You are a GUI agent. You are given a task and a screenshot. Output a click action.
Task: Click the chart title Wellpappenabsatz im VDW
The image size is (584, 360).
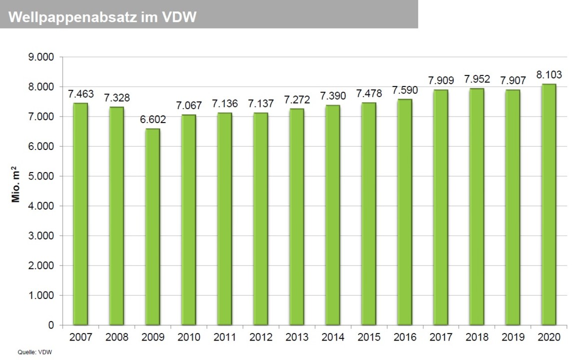tap(102, 17)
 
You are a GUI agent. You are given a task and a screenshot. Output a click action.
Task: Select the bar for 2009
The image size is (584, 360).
tap(152, 227)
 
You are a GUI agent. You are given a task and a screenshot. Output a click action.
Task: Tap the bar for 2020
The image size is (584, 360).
tap(549, 204)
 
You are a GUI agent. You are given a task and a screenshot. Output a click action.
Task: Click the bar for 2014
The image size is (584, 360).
tap(332, 215)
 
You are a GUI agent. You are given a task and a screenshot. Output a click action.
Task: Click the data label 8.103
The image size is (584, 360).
tap(549, 75)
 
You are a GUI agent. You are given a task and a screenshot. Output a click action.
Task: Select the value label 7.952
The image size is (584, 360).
tap(477, 79)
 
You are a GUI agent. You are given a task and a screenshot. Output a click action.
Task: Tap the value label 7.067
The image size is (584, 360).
tap(188, 106)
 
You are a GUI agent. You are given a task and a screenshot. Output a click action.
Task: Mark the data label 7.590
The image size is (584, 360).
tap(405, 90)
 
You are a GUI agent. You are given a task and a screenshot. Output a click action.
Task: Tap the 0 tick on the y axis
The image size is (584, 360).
tap(51, 325)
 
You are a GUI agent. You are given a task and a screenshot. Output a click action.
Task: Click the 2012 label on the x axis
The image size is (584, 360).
tap(260, 337)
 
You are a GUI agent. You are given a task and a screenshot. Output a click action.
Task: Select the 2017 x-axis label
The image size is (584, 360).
tap(441, 337)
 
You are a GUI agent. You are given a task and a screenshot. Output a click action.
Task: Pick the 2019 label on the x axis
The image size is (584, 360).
tap(513, 337)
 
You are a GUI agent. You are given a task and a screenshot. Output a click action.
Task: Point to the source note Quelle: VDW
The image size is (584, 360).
tap(35, 352)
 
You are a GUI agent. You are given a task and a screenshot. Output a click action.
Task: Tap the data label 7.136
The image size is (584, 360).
tap(224, 104)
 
